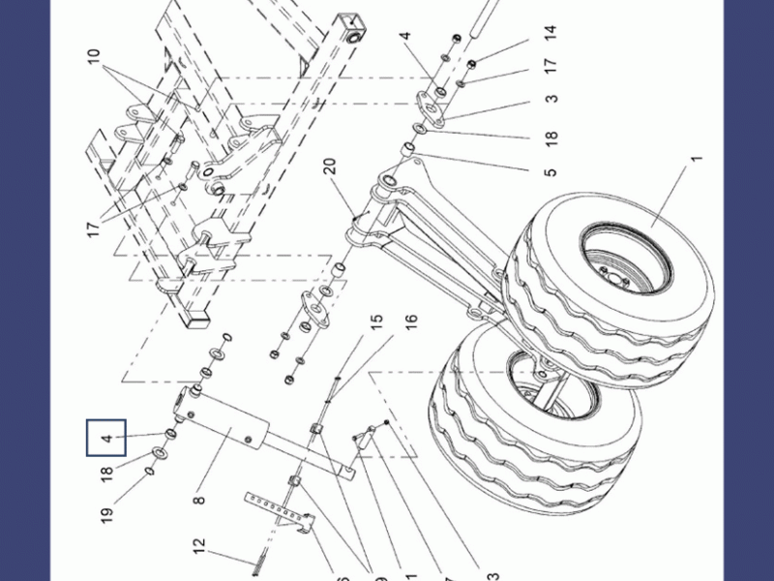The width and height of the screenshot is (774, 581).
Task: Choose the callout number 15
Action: point(376,319)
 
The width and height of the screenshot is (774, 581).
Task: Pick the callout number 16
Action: point(410,319)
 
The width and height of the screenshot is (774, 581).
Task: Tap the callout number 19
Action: point(106,509)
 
